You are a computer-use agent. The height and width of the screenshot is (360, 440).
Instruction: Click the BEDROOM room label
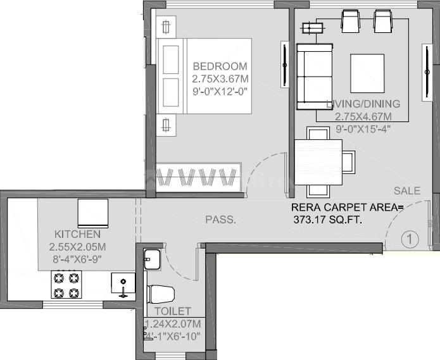[220, 66]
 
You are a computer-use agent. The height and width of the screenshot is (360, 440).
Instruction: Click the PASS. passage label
[220, 220]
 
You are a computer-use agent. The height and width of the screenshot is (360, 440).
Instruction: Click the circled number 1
[410, 239]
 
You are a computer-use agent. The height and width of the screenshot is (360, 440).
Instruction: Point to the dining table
[318, 162]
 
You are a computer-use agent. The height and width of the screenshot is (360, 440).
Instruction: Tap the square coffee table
[367, 73]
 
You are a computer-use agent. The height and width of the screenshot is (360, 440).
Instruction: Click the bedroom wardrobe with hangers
[198, 175]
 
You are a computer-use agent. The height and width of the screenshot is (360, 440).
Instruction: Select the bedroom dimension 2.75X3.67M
[220, 79]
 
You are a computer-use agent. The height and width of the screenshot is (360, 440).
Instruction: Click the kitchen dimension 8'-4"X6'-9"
[77, 259]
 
